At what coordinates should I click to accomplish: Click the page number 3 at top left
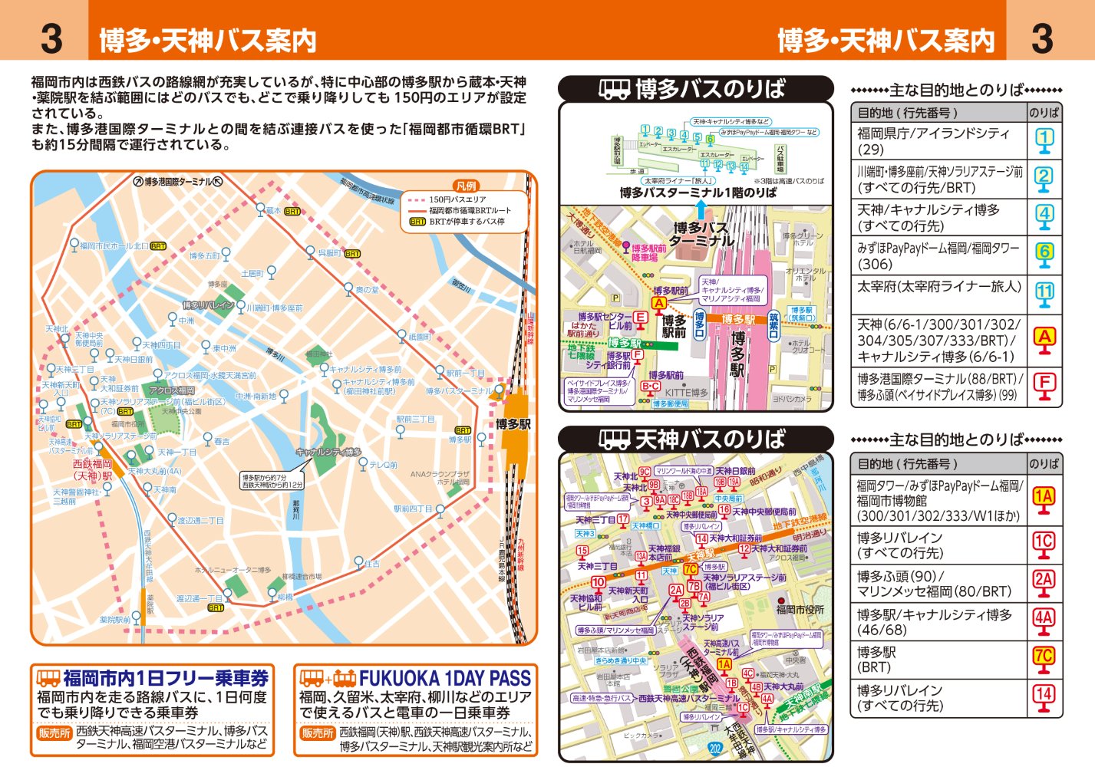coord(51,38)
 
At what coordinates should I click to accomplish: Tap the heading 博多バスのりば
coord(709,89)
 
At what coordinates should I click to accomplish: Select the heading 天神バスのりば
coord(709,439)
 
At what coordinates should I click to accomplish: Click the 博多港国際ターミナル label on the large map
coord(178,182)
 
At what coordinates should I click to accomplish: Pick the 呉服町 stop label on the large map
coord(330,253)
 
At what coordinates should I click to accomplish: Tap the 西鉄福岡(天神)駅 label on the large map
coord(92,469)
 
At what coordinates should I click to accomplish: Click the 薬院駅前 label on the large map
coord(115,619)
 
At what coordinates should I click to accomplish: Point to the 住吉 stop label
coord(372,564)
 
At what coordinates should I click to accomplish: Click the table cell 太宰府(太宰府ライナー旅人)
coord(939,287)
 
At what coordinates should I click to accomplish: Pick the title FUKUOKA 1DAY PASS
coord(445,678)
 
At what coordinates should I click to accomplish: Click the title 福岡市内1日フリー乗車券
coord(166,678)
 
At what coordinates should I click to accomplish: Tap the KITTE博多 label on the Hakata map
coord(687,393)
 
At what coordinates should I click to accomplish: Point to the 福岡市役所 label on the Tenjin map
coord(800,610)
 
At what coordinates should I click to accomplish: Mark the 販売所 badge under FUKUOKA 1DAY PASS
coord(318,733)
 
